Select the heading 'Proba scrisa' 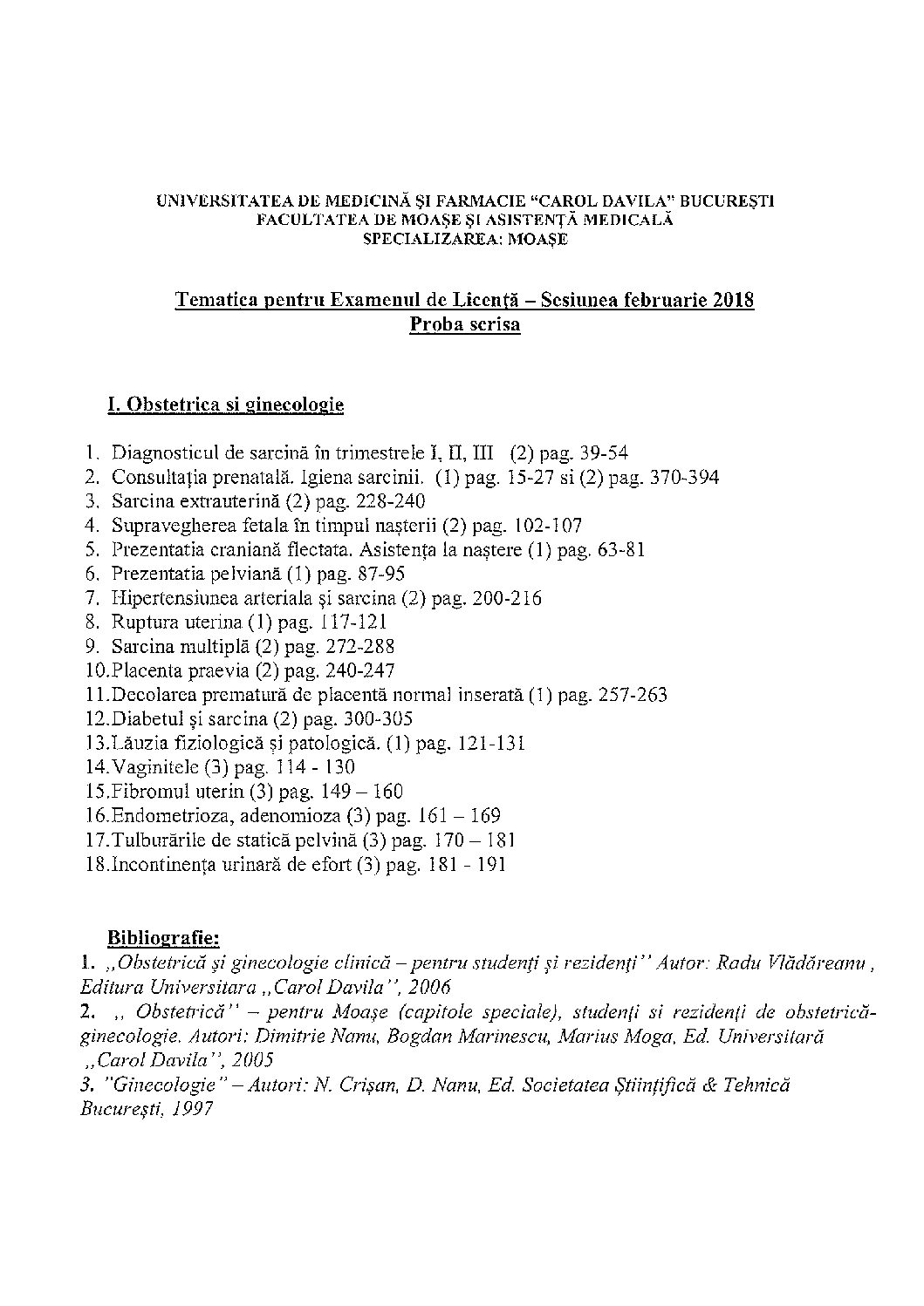(x=464, y=325)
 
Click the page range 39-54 (x=604, y=453)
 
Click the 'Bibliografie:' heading (x=163, y=938)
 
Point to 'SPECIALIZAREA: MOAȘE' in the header (x=464, y=238)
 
